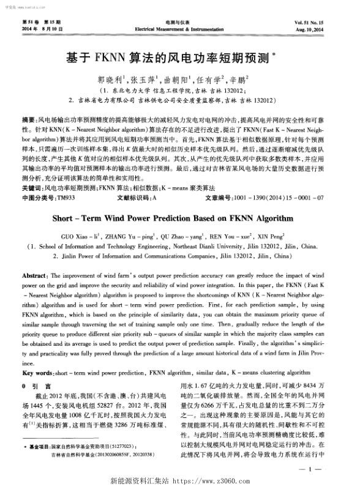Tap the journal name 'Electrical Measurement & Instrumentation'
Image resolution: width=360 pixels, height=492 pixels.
tap(179, 28)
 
